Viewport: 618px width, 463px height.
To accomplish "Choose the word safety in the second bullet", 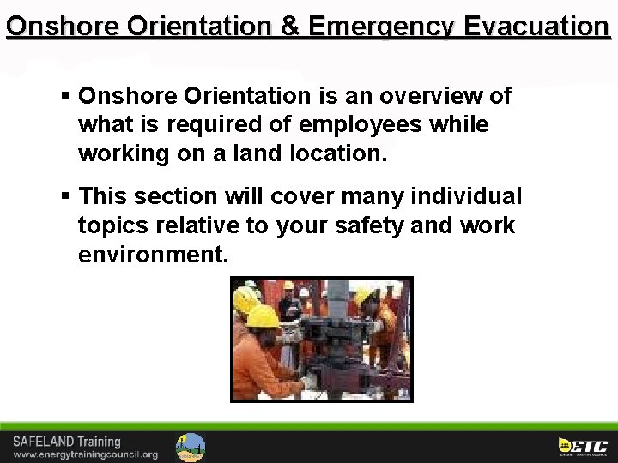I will click(374, 225).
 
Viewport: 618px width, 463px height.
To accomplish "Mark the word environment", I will click(152, 255).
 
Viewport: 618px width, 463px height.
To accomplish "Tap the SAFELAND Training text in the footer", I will click(67, 442).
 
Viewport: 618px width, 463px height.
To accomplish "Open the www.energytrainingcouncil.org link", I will click(85, 454).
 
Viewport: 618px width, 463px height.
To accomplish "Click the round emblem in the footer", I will click(191, 447).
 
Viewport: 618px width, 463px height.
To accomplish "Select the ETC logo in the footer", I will click(583, 446).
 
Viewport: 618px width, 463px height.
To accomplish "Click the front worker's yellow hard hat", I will click(263, 316).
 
